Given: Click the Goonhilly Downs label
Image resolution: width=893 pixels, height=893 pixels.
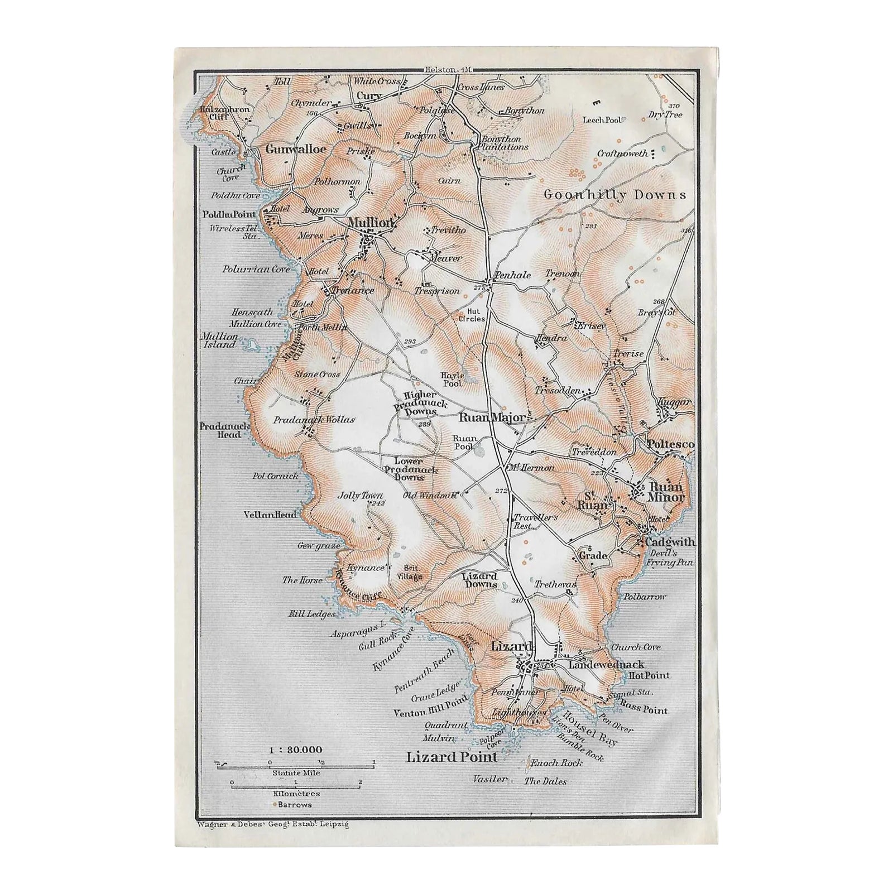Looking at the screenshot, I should point(614,195).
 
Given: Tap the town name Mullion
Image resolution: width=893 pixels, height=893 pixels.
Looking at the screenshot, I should point(371,223).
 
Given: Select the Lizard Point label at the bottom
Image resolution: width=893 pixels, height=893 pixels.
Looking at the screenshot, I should point(451,757).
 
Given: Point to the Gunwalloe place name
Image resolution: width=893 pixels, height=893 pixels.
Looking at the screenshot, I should point(287,150).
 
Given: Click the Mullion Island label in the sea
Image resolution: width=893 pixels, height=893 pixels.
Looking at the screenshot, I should point(219,341).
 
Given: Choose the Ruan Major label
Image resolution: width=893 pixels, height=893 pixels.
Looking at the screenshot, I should point(491,417).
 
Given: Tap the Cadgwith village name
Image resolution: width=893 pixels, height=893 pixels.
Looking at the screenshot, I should point(669,541).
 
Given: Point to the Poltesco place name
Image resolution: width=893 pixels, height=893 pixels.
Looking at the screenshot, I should point(670,444).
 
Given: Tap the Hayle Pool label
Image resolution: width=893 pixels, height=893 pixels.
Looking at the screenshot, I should point(452,380).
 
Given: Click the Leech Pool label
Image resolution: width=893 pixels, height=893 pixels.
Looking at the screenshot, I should point(602,119).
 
